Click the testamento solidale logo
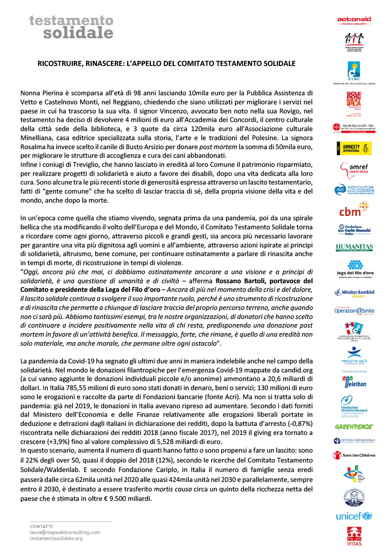[x=71, y=27]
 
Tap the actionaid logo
[x=354, y=20]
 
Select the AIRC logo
[x=354, y=71]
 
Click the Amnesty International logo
[x=354, y=148]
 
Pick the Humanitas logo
[x=354, y=247]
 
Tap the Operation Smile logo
[x=354, y=310]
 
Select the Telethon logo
[x=354, y=382]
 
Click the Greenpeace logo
[x=354, y=427]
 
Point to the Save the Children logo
[x=354, y=455]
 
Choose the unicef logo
[x=354, y=516]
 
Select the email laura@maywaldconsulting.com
[x=65, y=532]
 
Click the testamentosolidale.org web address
[x=56, y=538]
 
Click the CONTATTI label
[x=41, y=526]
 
